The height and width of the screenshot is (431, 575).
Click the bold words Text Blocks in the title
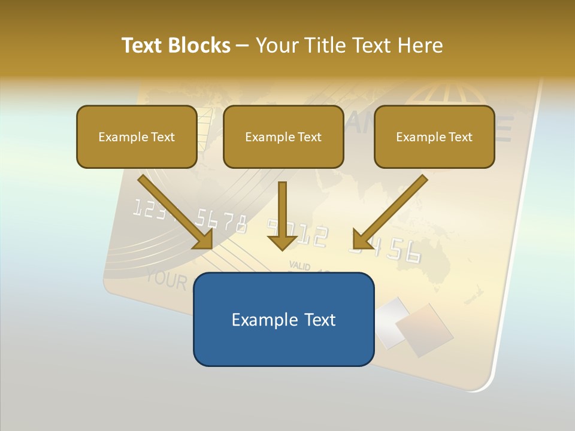pos(175,45)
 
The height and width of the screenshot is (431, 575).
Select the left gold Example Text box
pos(137,136)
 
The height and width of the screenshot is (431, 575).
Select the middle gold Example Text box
pos(283,136)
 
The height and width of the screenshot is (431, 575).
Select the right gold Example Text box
pos(434,136)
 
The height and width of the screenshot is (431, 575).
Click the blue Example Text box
pos(283,319)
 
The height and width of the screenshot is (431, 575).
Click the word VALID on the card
pos(299,265)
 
